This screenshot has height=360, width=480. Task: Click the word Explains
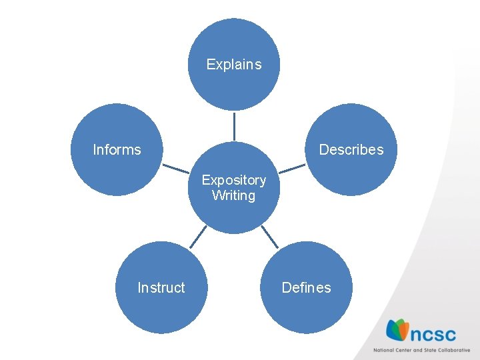pos(233,65)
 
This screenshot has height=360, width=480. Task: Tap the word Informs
pos(117,150)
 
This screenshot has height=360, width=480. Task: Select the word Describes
pos(351,150)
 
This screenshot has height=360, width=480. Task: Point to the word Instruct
pos(161,288)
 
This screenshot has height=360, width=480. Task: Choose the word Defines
pos(306,288)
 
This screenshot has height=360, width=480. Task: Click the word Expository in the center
pos(233,180)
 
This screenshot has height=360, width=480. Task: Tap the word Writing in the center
pos(233,196)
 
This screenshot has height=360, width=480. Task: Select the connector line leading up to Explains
pos(234,126)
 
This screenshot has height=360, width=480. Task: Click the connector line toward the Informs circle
pos(176,168)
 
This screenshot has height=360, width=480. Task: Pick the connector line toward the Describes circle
pos(292,168)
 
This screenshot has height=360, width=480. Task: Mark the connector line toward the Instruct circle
pos(198,236)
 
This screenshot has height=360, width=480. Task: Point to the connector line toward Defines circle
pos(269,236)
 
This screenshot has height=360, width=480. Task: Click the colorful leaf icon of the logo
pos(397,331)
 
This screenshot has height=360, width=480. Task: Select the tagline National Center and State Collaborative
pos(421,350)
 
